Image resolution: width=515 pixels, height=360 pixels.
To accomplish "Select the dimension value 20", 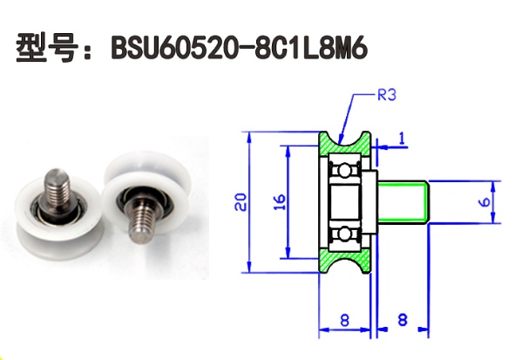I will pyautogui.click(x=241, y=202).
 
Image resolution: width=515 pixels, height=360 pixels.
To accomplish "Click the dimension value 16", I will pyautogui.click(x=279, y=202).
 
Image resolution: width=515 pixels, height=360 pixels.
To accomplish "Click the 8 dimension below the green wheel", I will pyautogui.click(x=344, y=320).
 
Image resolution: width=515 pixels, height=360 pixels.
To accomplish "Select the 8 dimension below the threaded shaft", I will pyautogui.click(x=402, y=320).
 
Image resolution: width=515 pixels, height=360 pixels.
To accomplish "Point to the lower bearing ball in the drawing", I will pyautogui.click(x=346, y=233).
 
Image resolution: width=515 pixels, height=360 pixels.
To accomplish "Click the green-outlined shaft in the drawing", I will pyautogui.click(x=404, y=201).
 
